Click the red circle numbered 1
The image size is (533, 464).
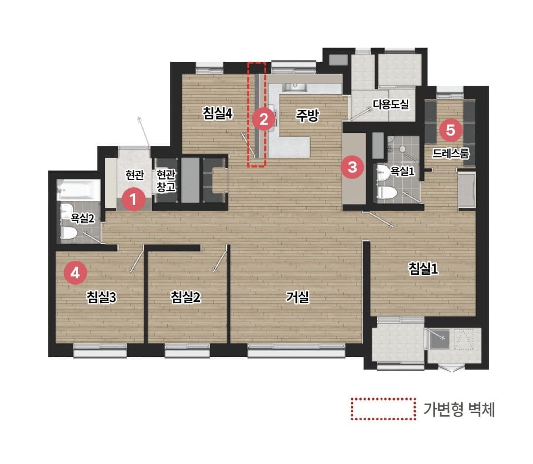[134, 199]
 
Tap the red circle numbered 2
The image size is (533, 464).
[264, 119]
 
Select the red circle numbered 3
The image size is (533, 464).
[352, 167]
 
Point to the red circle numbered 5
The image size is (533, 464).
[451, 129]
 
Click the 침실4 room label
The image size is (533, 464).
[218, 113]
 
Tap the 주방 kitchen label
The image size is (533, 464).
[307, 115]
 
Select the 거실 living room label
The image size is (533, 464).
[298, 297]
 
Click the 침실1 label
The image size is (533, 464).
[423, 269]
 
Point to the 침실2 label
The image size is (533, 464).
[186, 297]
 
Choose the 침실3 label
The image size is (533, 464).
[101, 297]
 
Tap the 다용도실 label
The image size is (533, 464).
[390, 104]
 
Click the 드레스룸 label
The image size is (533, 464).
[451, 153]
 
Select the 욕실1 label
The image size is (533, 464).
[402, 170]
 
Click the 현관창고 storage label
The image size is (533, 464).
[166, 181]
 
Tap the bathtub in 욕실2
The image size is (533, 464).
[78, 190]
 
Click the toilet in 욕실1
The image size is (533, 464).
[386, 193]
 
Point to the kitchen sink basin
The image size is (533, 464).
[295, 87]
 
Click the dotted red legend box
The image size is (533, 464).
[383, 409]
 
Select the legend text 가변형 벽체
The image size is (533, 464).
[459, 409]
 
